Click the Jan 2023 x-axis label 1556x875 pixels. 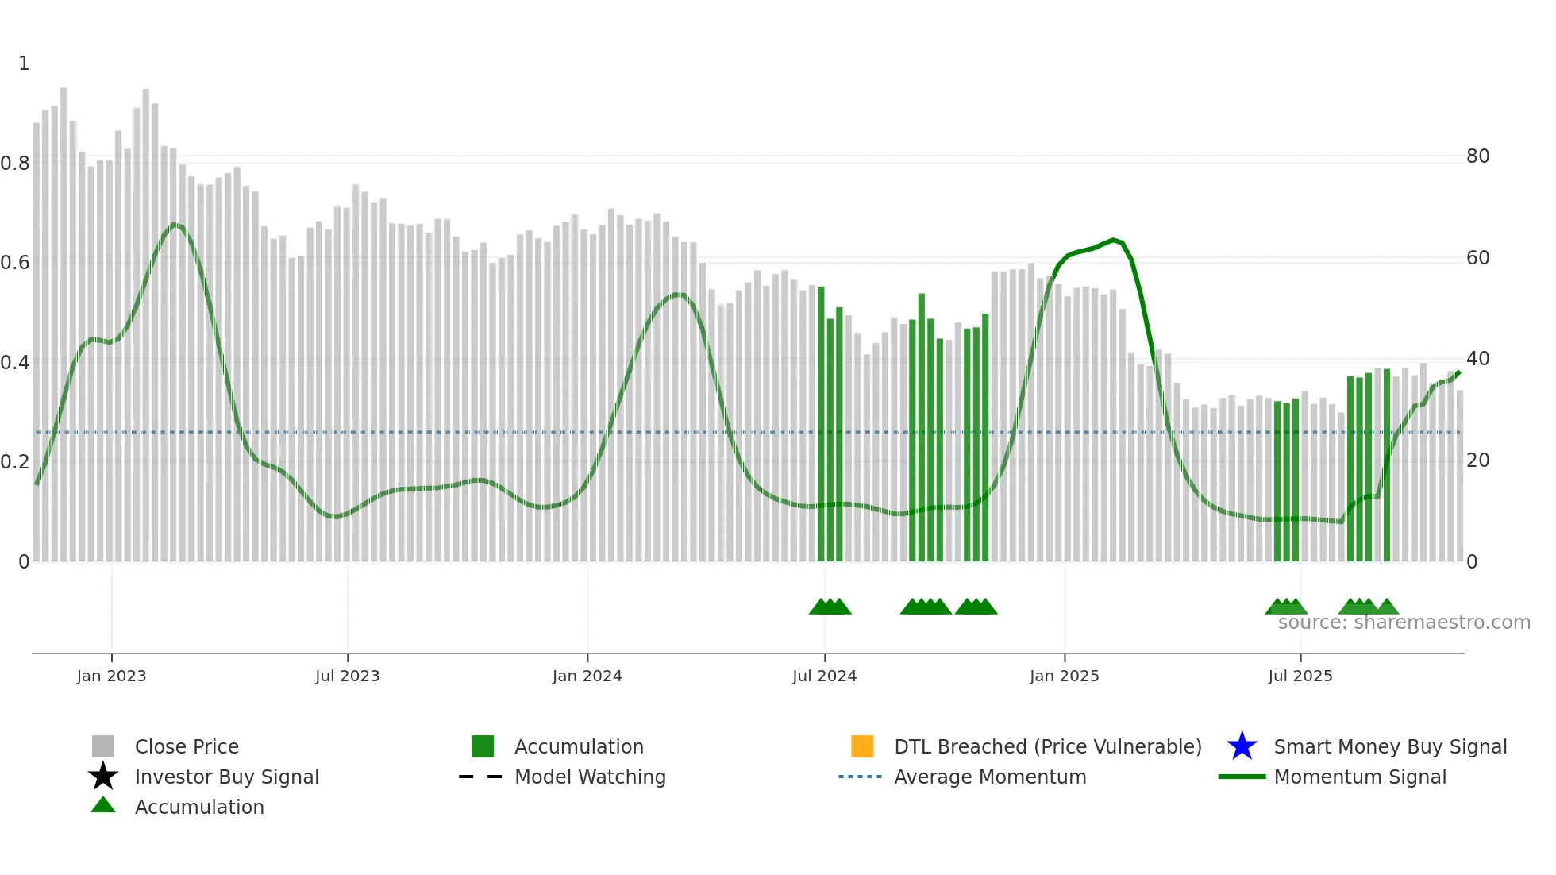click(x=111, y=676)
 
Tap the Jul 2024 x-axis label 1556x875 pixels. click(x=824, y=676)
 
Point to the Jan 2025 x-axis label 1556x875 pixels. click(x=1064, y=676)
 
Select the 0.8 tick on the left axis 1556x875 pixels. click(x=15, y=164)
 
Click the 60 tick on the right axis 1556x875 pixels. click(x=1477, y=258)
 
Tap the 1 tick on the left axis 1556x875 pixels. click(x=24, y=64)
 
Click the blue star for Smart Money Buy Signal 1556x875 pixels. click(x=1242, y=746)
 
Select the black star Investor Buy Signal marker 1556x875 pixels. click(x=103, y=777)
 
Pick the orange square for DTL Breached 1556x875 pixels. click(x=862, y=746)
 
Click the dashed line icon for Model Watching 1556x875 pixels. click(x=480, y=777)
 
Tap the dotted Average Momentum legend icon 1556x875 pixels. click(x=860, y=777)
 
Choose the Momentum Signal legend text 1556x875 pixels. click(x=1360, y=777)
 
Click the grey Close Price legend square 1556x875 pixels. click(x=103, y=746)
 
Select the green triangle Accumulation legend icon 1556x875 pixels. click(x=103, y=805)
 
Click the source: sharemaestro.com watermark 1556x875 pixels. click(x=1404, y=623)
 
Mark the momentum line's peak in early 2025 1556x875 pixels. click(x=1114, y=240)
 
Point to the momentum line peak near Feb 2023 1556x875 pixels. click(x=174, y=225)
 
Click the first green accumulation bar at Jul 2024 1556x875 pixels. click(x=821, y=421)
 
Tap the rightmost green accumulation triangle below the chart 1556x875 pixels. click(x=1387, y=607)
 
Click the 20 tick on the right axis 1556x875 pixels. click(x=1477, y=461)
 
